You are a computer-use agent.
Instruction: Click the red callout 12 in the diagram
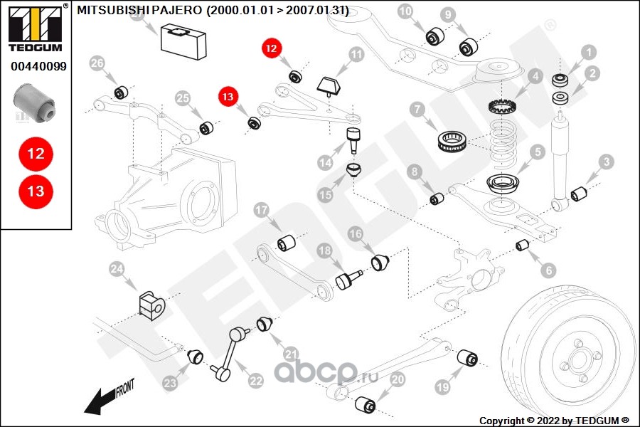click(272, 48)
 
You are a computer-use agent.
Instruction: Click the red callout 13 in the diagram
click(228, 96)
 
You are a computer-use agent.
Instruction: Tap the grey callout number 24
click(117, 269)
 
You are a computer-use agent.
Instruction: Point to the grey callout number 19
click(443, 387)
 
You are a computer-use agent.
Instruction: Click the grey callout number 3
click(605, 162)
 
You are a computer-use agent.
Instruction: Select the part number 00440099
click(38, 67)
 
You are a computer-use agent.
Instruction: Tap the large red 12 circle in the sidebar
click(36, 153)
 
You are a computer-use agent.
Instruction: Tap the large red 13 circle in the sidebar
click(36, 191)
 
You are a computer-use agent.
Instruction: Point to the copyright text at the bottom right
click(554, 420)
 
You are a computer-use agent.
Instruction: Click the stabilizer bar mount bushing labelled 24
click(151, 304)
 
